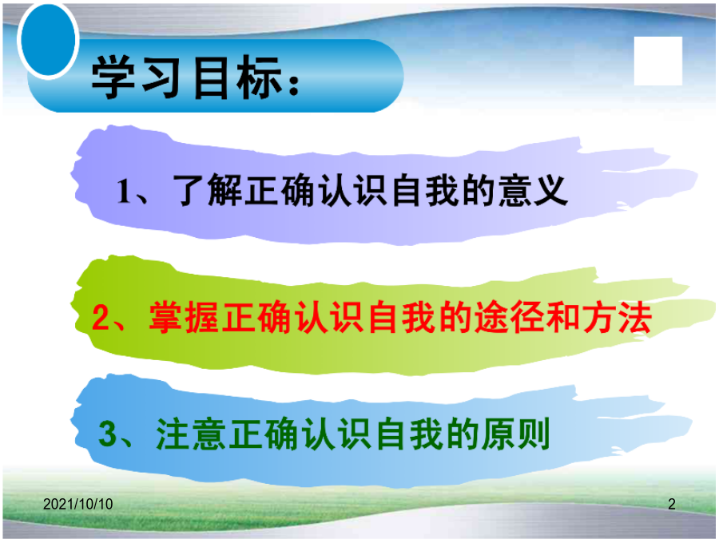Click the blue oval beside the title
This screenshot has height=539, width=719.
(x=48, y=41)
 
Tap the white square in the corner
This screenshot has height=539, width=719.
(x=658, y=61)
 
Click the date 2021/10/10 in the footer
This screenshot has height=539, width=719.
(x=78, y=504)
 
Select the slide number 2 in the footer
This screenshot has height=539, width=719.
(x=672, y=504)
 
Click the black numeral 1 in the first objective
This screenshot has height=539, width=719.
(x=123, y=191)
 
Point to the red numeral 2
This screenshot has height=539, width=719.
(x=100, y=317)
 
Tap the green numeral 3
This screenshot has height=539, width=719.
(x=107, y=434)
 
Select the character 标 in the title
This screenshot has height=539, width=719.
(x=259, y=77)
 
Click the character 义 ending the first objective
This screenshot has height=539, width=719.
(x=551, y=190)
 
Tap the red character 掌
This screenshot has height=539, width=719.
(x=165, y=317)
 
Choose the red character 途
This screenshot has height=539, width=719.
(x=491, y=317)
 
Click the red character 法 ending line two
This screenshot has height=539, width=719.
(x=635, y=317)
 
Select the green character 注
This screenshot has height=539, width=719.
(x=173, y=434)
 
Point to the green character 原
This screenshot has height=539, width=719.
(x=497, y=434)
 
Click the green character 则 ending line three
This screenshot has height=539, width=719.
(x=534, y=434)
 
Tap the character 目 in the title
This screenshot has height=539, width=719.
(x=210, y=77)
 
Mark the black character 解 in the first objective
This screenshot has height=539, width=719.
(x=224, y=190)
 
